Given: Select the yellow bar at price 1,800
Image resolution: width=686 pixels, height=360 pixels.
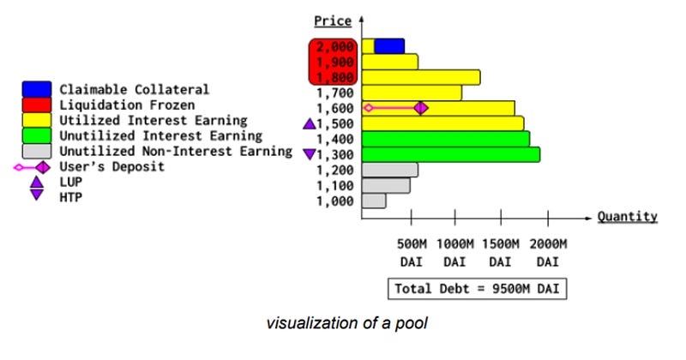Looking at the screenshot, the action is tap(420, 77).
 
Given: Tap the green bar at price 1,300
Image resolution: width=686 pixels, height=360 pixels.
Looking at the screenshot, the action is tap(451, 154).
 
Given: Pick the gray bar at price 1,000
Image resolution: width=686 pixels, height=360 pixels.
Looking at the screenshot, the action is tap(374, 201).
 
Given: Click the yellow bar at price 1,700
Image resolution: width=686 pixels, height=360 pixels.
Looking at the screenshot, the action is tap(412, 93).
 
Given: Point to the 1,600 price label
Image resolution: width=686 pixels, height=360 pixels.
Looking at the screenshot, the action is tap(334, 108).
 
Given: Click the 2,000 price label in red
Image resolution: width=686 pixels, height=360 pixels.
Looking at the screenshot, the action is tap(334, 46).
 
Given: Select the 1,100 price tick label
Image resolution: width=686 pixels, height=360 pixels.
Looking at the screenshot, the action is tap(334, 185).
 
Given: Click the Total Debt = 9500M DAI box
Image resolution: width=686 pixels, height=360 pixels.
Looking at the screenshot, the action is tap(477, 289).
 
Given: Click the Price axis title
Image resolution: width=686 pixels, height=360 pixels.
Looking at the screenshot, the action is tap(333, 20).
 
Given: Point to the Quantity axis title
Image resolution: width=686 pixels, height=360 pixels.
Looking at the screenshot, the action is tap(627, 217).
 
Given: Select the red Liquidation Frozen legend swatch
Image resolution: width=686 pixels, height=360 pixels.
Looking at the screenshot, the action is tap(37, 105).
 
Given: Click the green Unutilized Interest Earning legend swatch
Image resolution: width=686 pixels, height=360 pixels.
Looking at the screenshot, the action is tap(37, 135).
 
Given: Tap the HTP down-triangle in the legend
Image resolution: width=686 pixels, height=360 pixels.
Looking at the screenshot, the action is tap(36, 196).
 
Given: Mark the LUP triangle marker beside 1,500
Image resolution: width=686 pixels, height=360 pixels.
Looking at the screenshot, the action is tap(310, 124).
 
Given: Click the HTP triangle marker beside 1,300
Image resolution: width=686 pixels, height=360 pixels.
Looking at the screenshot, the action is tap(310, 154).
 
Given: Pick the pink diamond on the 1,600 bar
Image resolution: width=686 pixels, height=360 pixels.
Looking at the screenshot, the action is tap(421, 108).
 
